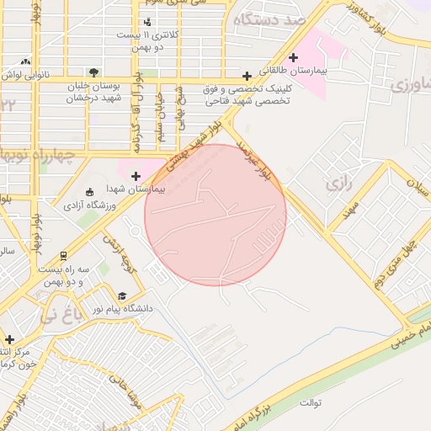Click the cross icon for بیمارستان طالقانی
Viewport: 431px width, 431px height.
[293, 57]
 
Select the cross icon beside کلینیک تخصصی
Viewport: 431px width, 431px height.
[246, 76]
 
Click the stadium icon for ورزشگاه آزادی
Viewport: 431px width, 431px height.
[91, 193]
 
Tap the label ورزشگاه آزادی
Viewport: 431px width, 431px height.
[90, 205]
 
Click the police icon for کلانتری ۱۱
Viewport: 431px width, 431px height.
[148, 22]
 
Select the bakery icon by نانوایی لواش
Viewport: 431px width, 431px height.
[26, 61]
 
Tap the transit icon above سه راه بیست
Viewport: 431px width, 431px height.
[63, 255]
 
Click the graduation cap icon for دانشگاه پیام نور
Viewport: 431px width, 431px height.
[122, 295]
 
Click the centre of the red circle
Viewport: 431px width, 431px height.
[215, 215]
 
